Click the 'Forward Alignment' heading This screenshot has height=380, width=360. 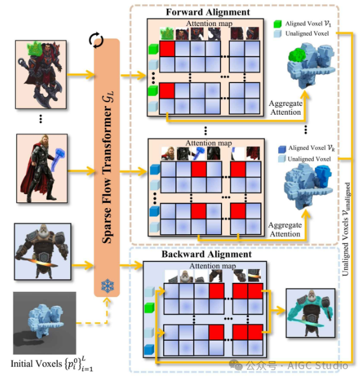coord(208,12)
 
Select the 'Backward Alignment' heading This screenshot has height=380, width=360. coord(206,254)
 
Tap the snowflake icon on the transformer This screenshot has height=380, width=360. coord(107,285)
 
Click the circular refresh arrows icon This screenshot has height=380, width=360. coord(96,40)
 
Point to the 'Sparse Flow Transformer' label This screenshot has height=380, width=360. coord(108,167)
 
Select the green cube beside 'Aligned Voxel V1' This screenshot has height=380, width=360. coord(277,23)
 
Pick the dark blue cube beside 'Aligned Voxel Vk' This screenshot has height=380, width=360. coord(282,149)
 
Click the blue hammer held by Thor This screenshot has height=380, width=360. coord(58,159)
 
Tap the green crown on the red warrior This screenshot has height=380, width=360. coord(36,49)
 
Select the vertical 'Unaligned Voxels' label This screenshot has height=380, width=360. coord(346,229)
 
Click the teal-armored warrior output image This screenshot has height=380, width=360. coord(310,313)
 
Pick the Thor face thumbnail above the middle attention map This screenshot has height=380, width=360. coord(168,153)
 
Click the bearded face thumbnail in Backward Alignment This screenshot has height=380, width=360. coord(186,276)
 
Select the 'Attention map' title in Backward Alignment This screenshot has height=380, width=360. coord(212,266)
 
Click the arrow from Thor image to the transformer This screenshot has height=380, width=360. coord(81,171)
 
